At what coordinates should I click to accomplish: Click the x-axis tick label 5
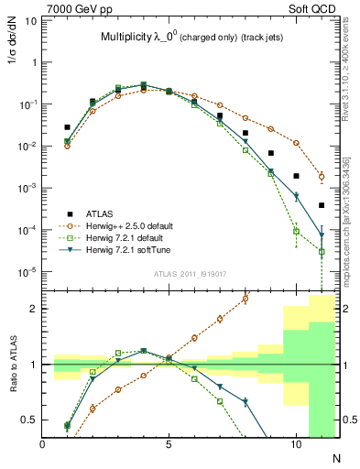coord(169,442)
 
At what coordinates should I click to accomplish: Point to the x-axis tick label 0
coord(43,442)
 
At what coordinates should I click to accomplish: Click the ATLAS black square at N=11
coord(322,205)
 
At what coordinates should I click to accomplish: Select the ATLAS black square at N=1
coord(67,127)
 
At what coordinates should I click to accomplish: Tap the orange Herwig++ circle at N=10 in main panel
coord(296,143)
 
